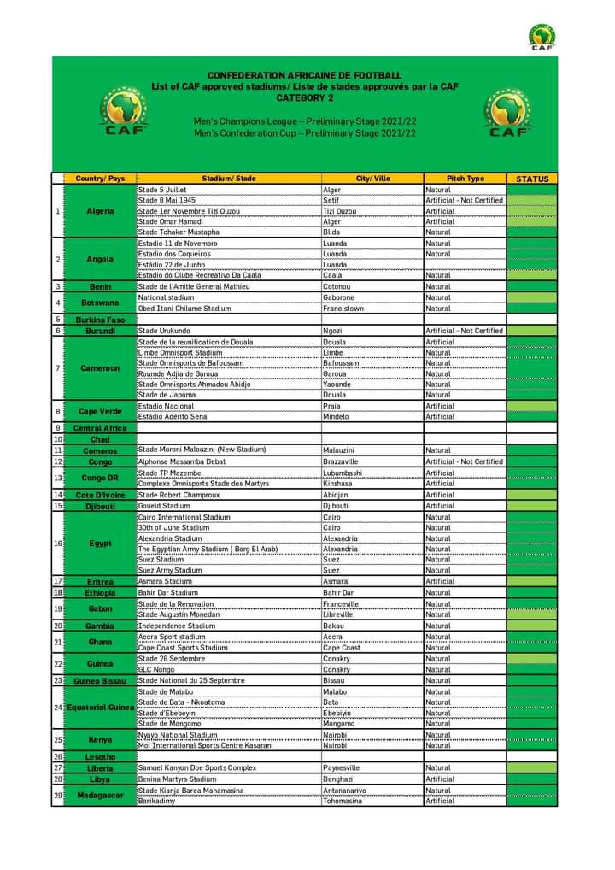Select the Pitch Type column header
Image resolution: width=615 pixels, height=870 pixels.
pyautogui.click(x=465, y=179)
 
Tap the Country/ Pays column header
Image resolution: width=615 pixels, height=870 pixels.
pyautogui.click(x=100, y=179)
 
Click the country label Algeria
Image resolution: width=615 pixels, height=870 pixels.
pyautogui.click(x=100, y=211)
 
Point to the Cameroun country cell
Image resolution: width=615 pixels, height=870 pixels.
pyautogui.click(x=100, y=368)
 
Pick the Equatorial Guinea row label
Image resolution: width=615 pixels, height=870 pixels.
pyautogui.click(x=101, y=708)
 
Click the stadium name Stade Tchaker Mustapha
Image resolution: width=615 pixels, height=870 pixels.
pyautogui.click(x=179, y=232)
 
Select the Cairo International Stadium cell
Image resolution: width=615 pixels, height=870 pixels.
pyautogui.click(x=184, y=517)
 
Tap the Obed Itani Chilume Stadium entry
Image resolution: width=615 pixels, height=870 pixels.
pyautogui.click(x=184, y=309)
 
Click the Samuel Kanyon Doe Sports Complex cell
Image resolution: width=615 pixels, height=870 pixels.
pyautogui.click(x=196, y=768)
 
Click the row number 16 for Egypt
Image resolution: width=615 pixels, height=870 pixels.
pyautogui.click(x=58, y=544)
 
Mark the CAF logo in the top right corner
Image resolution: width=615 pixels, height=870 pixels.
pyautogui.click(x=542, y=38)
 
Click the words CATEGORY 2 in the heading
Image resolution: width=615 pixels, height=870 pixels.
pyautogui.click(x=304, y=97)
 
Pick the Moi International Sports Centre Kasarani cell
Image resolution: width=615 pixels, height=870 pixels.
pyautogui.click(x=207, y=745)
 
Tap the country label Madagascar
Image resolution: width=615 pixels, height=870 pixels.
pyautogui.click(x=100, y=796)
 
